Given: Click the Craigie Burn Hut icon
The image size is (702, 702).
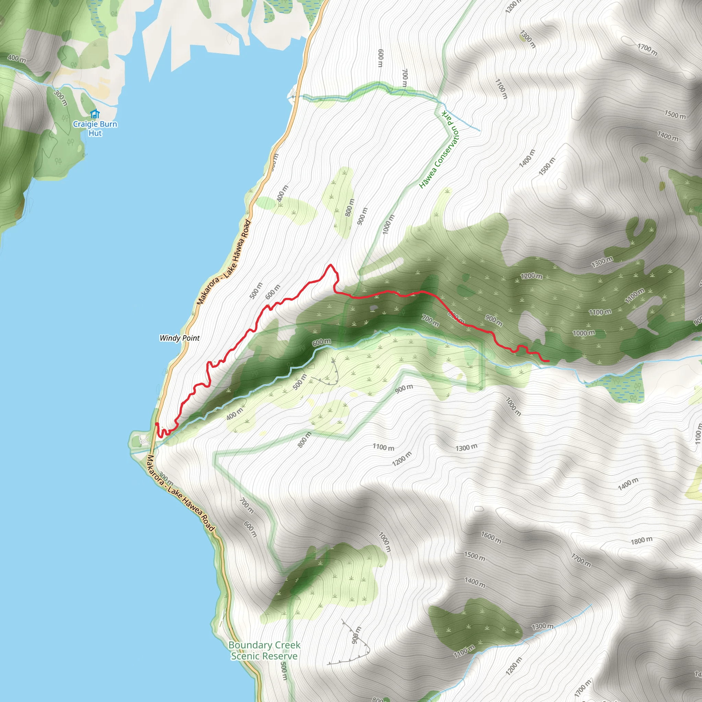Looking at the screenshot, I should [95, 114].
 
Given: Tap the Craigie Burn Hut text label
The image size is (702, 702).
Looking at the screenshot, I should [95, 129].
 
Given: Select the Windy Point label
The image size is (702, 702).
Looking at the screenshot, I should [180, 338].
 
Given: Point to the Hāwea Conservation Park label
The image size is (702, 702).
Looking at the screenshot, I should [439, 150].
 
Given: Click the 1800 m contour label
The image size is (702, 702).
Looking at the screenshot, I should [641, 541].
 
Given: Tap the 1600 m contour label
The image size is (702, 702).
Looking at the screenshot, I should [491, 537].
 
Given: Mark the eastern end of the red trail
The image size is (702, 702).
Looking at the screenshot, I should [548, 361].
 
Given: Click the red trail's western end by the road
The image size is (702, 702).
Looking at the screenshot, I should [156, 424].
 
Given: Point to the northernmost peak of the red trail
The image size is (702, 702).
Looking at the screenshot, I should [330, 265].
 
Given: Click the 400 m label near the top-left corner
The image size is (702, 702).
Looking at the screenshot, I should [17, 58].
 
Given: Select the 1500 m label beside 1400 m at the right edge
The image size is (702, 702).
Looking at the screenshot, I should [675, 115].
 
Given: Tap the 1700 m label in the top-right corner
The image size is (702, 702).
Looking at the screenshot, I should [647, 49].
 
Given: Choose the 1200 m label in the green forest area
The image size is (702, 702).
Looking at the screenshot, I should [531, 276].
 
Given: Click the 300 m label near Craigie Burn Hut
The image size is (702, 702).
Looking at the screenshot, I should [61, 98].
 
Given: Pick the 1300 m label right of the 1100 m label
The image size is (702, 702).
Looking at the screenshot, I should [467, 448].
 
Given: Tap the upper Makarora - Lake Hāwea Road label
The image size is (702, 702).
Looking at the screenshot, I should [224, 262].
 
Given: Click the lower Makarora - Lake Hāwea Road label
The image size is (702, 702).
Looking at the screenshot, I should [180, 494].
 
